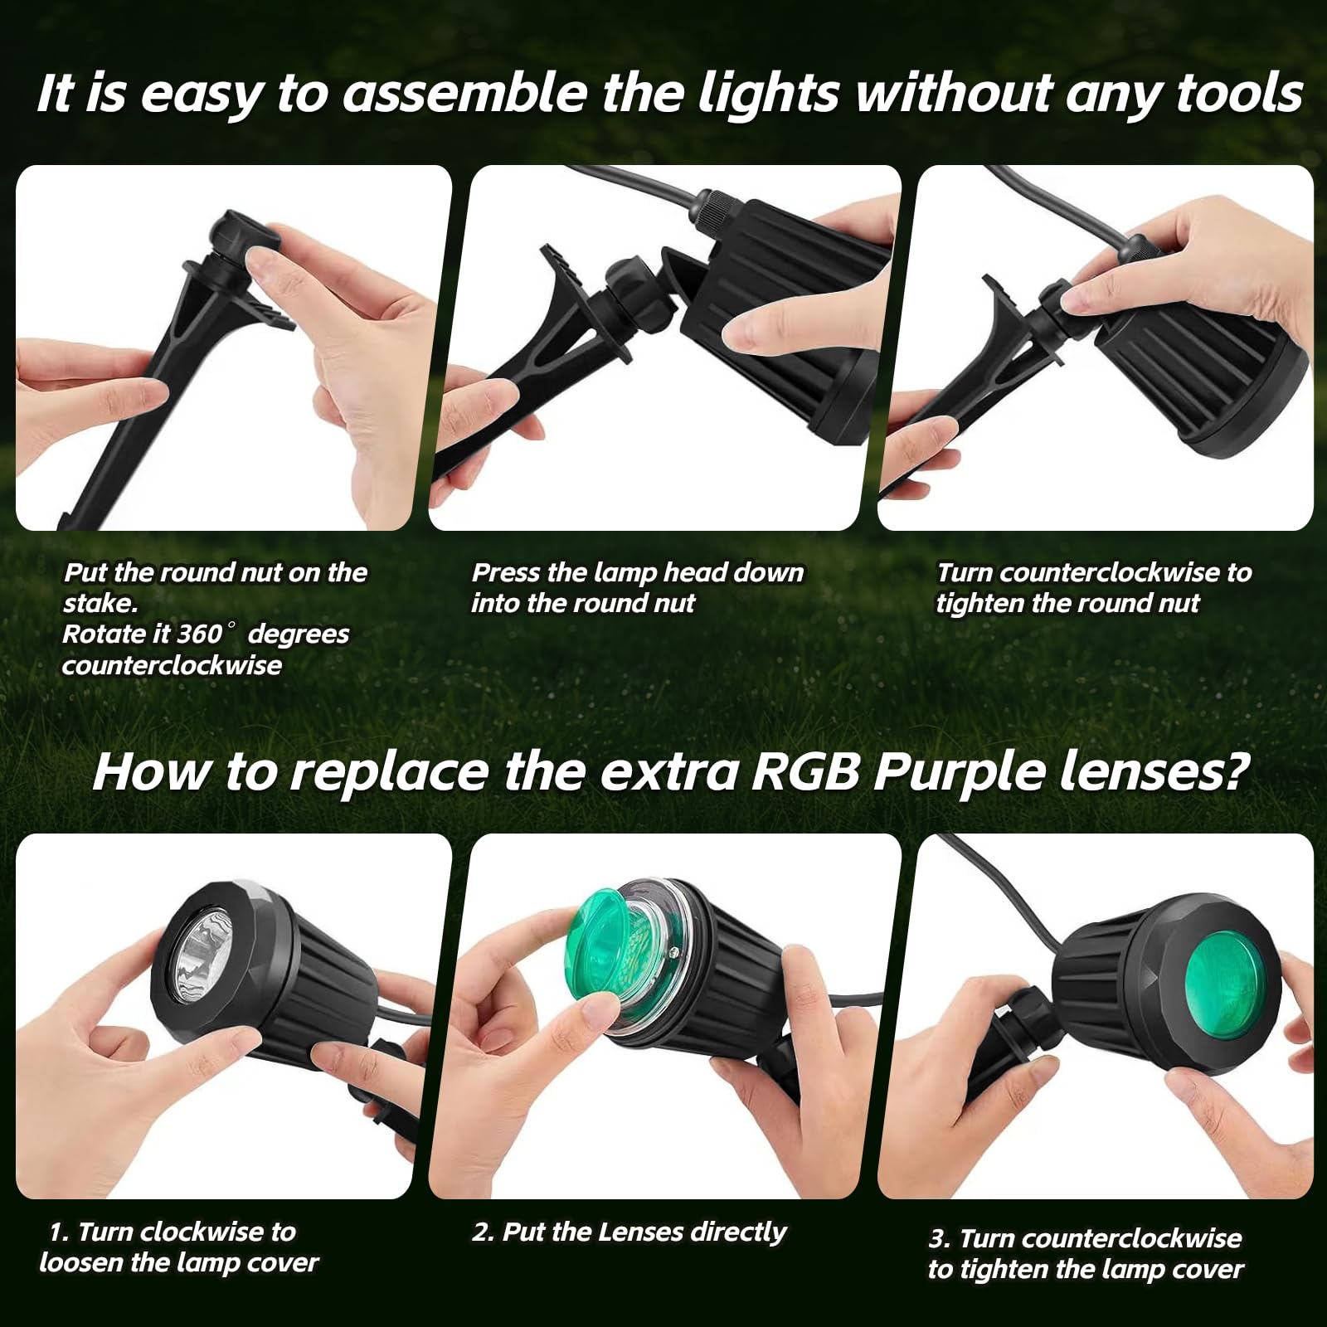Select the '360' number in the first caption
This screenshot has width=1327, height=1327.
(x=200, y=634)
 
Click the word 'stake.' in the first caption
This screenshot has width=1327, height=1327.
(x=100, y=603)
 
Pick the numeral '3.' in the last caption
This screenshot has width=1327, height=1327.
(x=940, y=1239)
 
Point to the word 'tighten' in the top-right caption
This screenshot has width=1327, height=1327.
(x=979, y=604)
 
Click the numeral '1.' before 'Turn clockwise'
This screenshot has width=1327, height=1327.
(x=59, y=1232)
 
